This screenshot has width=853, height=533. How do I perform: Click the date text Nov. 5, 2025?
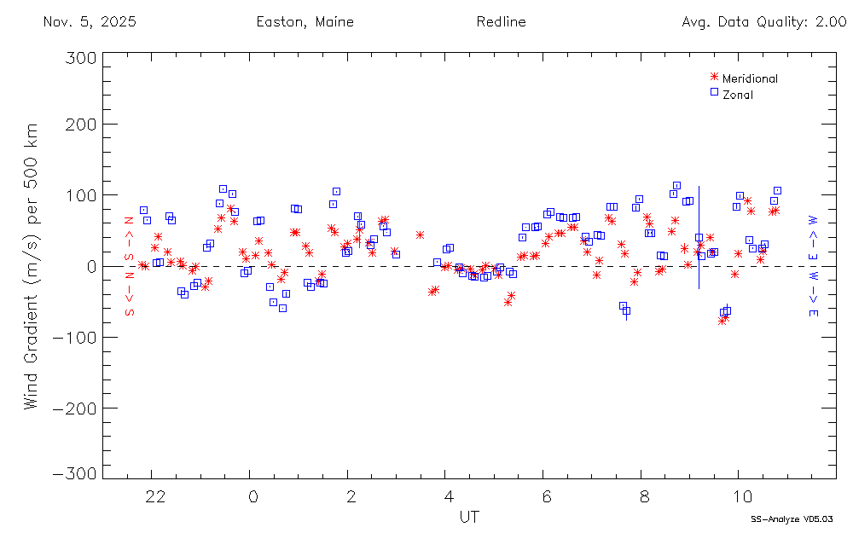[x=89, y=22]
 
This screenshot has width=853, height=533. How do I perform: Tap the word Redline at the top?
[x=502, y=22]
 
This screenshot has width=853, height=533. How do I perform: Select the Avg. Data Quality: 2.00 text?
[x=764, y=22]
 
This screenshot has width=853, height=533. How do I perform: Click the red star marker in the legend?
[x=714, y=78]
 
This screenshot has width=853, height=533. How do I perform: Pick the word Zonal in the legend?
[x=738, y=95]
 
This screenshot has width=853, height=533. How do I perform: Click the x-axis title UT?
[x=469, y=517]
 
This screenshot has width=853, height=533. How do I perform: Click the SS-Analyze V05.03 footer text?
[x=791, y=519]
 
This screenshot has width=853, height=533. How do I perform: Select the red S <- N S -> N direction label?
[x=130, y=266]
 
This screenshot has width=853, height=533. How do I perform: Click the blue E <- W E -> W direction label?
[x=814, y=266]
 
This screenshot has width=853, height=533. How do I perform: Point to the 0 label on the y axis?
[x=88, y=266]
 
